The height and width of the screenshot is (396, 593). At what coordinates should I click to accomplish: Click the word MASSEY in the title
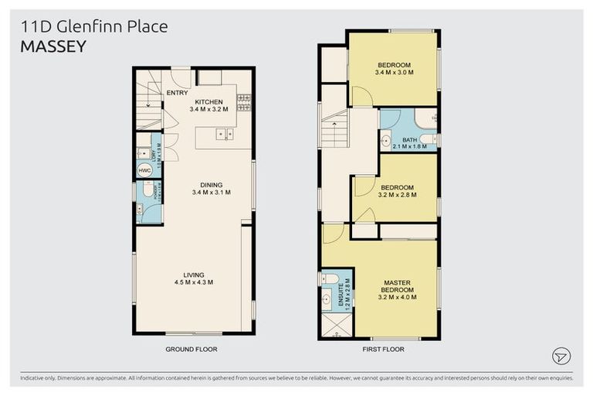[x=53, y=46]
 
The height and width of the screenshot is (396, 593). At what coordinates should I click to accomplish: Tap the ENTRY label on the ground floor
[x=177, y=94]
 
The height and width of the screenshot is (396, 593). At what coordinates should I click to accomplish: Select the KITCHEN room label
[x=208, y=102]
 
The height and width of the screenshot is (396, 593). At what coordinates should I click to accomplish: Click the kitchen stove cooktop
[x=244, y=101]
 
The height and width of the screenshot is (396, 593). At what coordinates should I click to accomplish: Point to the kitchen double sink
[x=225, y=135]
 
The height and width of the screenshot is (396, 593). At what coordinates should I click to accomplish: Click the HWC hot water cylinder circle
[x=144, y=171]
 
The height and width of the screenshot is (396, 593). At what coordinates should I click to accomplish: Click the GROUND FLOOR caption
[x=191, y=350]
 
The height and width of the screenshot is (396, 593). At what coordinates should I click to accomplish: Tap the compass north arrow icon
[x=561, y=356]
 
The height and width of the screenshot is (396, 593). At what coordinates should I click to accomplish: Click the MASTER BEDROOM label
[x=398, y=285]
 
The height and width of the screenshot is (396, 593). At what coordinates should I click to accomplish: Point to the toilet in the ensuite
[x=330, y=279]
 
